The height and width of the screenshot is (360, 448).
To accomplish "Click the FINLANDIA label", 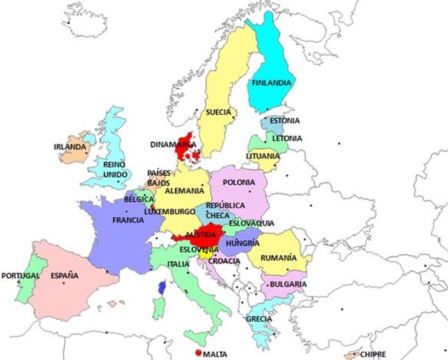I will pos(272,83).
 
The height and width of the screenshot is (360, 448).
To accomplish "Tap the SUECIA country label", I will pos(218,113).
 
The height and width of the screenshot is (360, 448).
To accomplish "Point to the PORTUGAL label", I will pos(20,276).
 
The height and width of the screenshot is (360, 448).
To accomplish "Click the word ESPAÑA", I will pos(65,276).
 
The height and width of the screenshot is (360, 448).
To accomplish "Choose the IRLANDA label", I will pos(70,147).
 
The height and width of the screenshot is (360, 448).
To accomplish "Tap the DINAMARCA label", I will pos(173,145).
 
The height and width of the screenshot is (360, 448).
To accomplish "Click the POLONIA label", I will pos(239,183).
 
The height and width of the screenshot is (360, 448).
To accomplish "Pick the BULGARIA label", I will pos(288,284).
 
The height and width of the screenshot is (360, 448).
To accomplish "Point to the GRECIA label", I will pos(259,319).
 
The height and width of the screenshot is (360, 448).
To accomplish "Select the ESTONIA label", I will pos(284,120).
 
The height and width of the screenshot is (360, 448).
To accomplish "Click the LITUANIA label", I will pos(262,156).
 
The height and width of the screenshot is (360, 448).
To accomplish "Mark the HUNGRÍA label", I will pos(243,244).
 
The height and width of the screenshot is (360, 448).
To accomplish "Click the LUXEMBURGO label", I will pos(169,211).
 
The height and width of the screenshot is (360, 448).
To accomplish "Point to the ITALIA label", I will pos(178,264).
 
